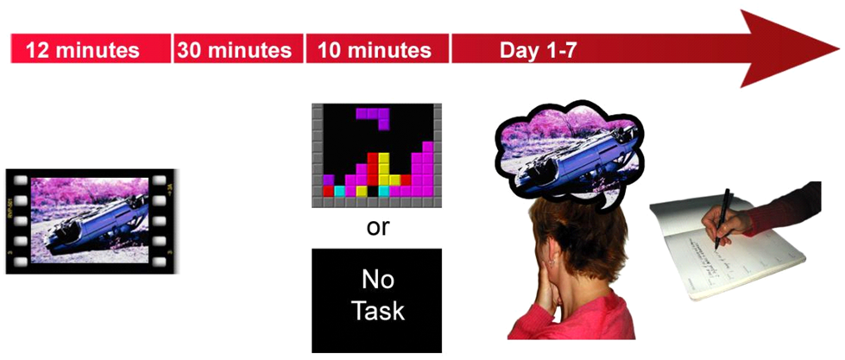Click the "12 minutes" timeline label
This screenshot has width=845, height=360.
[x=83, y=50]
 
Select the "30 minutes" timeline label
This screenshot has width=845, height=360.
[x=235, y=50]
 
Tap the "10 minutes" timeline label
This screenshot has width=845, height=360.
[x=375, y=50]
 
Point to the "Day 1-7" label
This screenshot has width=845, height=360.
[x=539, y=50]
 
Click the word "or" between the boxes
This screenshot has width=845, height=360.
[x=376, y=227]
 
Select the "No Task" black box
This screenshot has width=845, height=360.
[x=376, y=300]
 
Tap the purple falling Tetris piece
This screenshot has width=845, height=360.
[x=374, y=117]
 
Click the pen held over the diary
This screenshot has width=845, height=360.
[x=722, y=218]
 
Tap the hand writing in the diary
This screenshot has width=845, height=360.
[x=725, y=221]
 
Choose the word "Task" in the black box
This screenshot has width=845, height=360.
[x=377, y=312]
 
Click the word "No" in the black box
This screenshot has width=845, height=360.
[x=376, y=281]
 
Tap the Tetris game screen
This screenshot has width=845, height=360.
[x=376, y=155]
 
